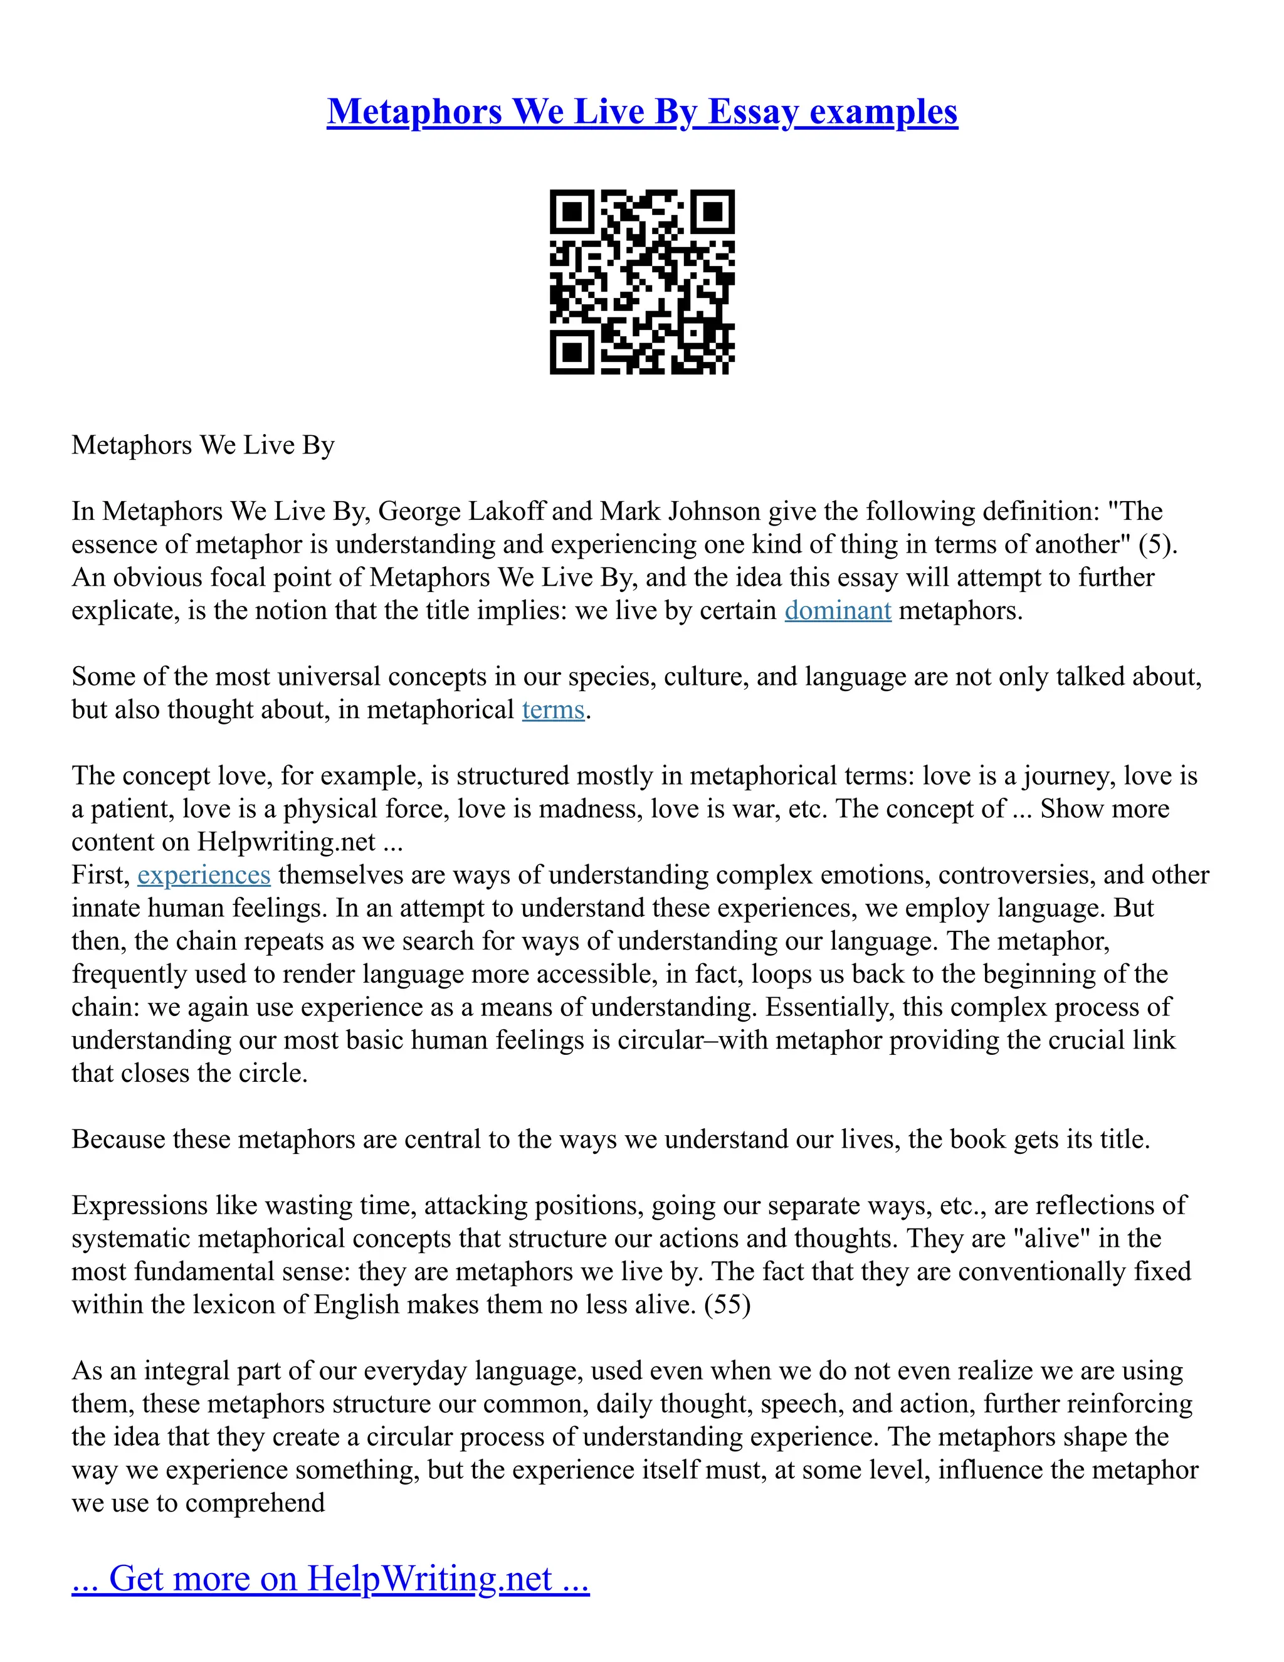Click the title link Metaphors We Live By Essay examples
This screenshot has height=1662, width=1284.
(642, 112)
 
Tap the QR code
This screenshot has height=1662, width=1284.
(642, 282)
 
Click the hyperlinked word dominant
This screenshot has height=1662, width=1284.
(838, 611)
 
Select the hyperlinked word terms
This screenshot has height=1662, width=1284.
(553, 710)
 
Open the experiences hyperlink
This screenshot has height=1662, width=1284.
(204, 875)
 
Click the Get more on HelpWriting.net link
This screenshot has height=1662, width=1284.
(330, 1579)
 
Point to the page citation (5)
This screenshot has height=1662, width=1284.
(1157, 545)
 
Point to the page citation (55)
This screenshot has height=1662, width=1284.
(727, 1305)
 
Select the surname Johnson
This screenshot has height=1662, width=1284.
(715, 511)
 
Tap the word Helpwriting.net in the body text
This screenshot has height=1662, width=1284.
(286, 842)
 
